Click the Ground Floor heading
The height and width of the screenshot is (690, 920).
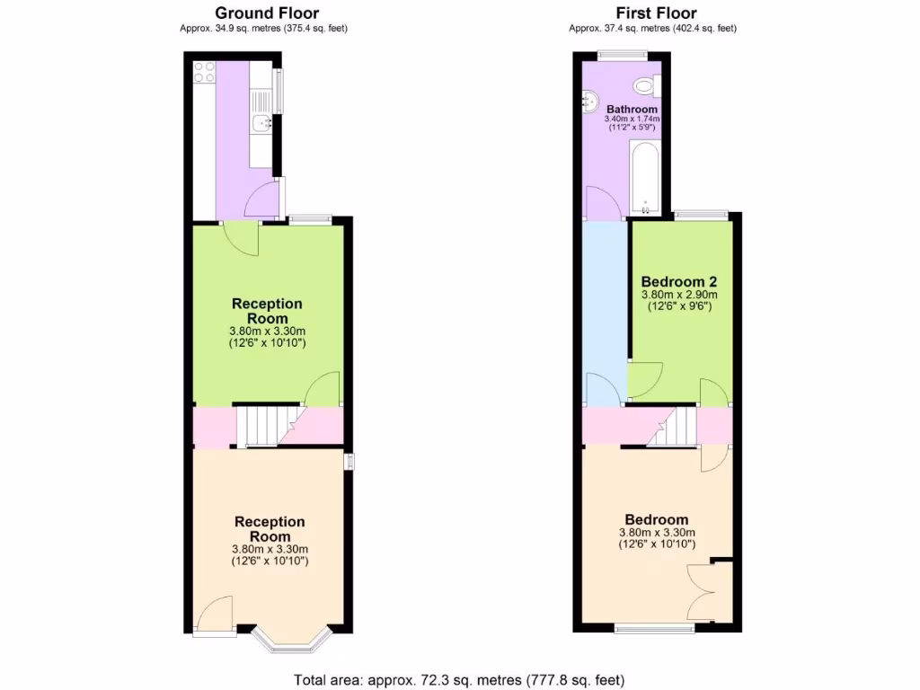[267, 13]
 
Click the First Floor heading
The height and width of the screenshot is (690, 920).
[656, 13]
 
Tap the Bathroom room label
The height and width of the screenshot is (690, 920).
[632, 109]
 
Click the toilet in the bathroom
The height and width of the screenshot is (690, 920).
[644, 86]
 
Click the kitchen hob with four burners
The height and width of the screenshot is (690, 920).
[204, 71]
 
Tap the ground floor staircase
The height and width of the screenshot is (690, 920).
[266, 425]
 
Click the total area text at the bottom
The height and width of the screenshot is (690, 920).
[459, 679]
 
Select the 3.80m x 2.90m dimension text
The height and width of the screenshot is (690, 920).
[679, 295]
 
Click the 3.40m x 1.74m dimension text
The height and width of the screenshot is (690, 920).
[632, 119]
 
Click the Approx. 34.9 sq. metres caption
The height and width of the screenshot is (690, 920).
[263, 28]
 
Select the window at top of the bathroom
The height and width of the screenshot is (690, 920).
[624, 56]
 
